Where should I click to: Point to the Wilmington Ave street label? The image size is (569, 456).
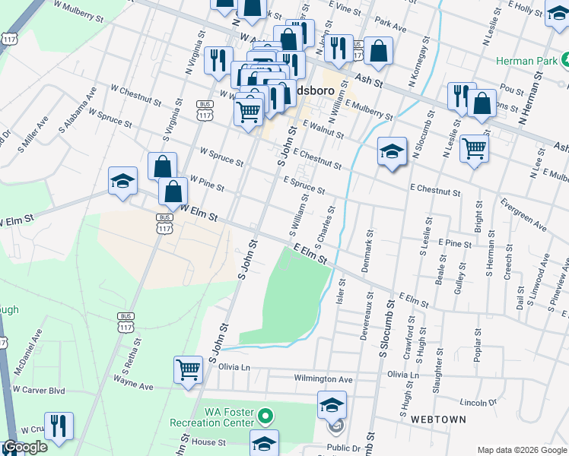click(324, 378)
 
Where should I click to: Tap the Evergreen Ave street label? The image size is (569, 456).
click(523, 214)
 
